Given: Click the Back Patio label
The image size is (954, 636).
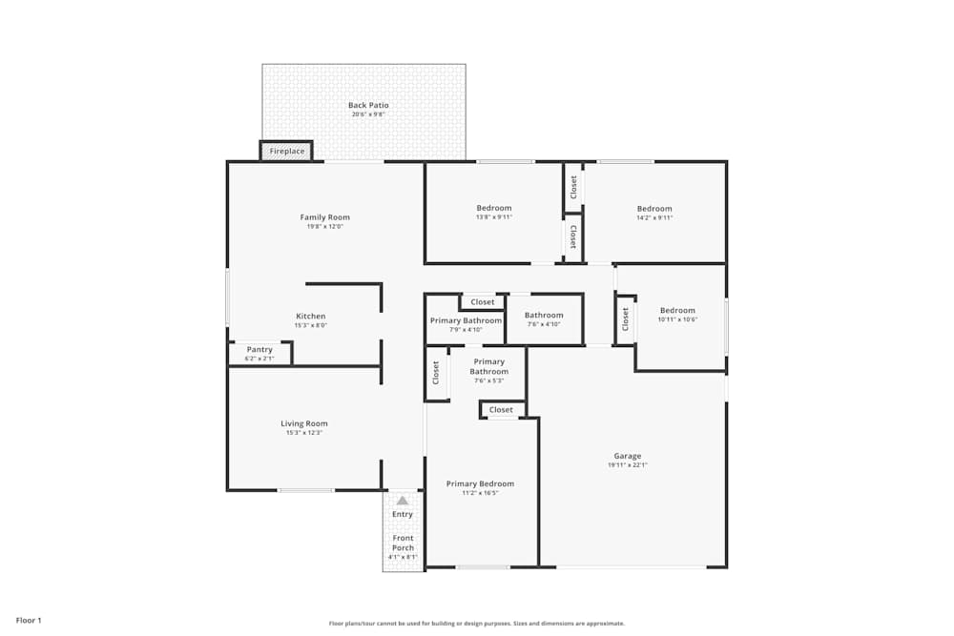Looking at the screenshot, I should click(368, 106).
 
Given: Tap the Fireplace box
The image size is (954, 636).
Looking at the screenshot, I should click(286, 152).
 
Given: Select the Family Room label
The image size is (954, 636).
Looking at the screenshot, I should click(324, 217).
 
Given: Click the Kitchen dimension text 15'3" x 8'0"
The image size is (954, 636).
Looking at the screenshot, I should click(310, 325).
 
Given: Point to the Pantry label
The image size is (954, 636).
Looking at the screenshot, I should click(259, 350).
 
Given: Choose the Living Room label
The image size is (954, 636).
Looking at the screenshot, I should click(303, 423).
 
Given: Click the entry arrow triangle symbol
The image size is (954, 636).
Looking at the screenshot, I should click(403, 501).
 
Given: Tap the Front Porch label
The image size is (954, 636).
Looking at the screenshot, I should click(403, 543).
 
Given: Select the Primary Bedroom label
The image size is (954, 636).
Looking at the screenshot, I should click(480, 484).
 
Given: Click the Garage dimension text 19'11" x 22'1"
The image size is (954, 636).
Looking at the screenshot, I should click(627, 465).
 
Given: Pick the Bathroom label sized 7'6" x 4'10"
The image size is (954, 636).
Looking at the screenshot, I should click(544, 315).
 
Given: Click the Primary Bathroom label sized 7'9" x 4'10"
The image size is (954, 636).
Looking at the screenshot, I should click(466, 320).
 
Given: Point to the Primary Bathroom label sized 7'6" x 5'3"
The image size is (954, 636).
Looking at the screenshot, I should click(488, 366).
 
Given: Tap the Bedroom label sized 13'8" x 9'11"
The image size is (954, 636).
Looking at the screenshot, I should click(493, 208).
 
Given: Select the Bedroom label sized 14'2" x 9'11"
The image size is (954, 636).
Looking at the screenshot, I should click(654, 209).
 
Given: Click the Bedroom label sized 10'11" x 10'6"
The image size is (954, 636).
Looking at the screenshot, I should click(677, 310).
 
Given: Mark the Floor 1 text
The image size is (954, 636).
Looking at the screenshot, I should click(29, 621).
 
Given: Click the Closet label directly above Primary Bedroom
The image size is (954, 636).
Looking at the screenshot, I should click(501, 410).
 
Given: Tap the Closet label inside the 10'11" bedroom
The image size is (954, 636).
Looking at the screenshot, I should click(626, 319).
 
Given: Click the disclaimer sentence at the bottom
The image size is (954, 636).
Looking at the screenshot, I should click(477, 624).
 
